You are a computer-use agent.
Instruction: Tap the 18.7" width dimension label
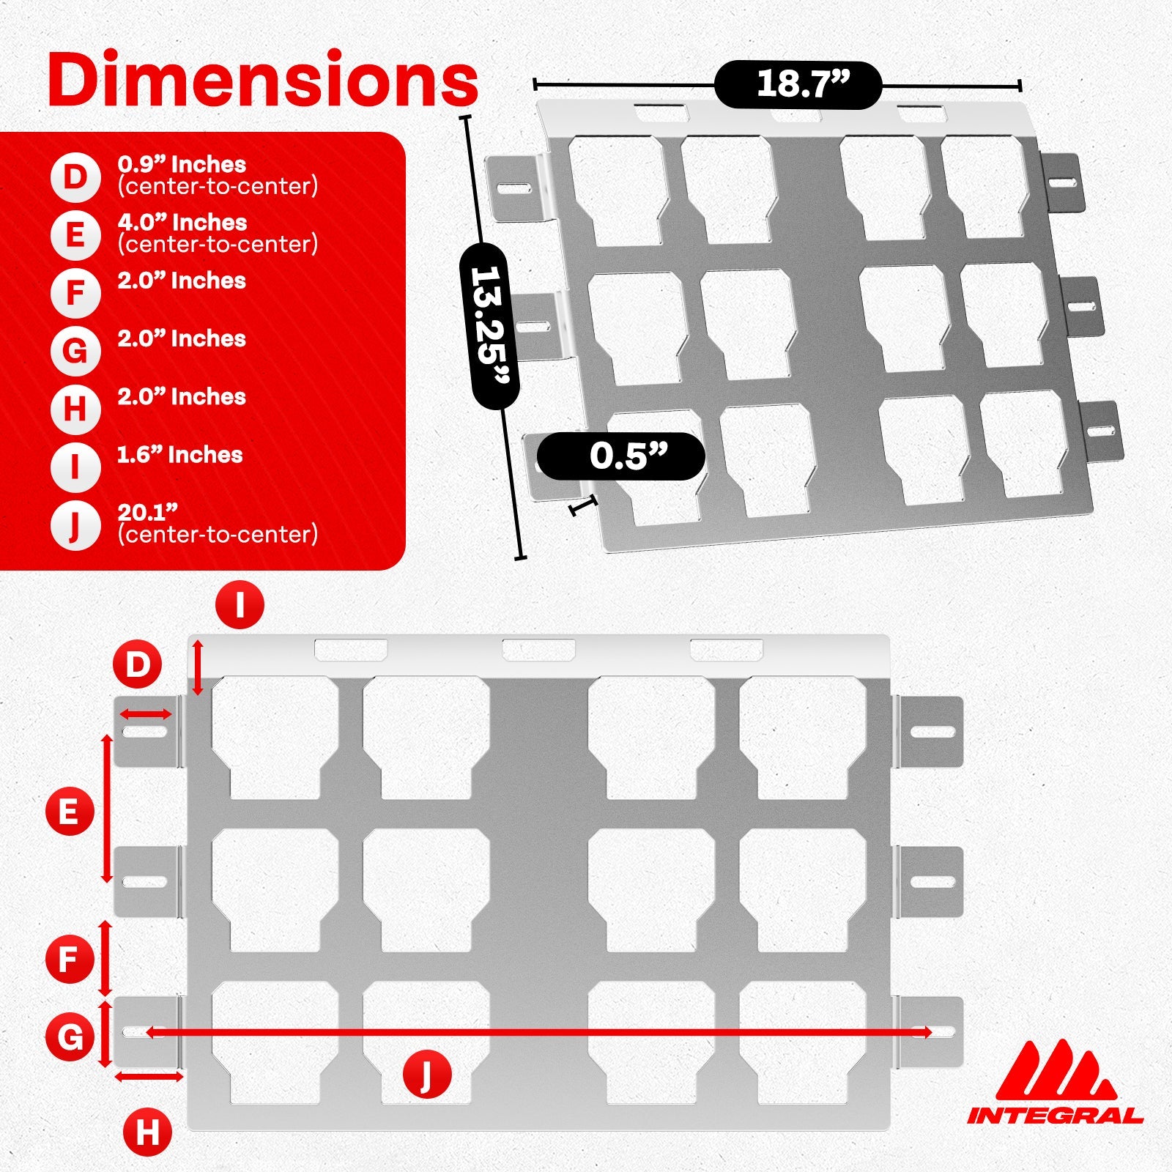click(x=798, y=84)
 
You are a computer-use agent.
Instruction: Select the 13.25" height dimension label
click(x=489, y=325)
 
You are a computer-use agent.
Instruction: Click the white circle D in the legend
click(x=75, y=177)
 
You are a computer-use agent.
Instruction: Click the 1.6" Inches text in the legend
click(x=179, y=455)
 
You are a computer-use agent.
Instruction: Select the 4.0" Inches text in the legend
click(x=182, y=223)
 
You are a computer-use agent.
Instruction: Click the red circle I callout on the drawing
click(x=240, y=604)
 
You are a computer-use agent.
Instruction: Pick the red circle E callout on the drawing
click(x=69, y=812)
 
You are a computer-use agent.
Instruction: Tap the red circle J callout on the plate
click(x=426, y=1074)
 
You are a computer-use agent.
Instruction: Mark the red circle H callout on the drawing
click(x=147, y=1132)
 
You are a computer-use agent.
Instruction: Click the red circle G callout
click(x=70, y=1036)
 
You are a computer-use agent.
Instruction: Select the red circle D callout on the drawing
click(x=137, y=665)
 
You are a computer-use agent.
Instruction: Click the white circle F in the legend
click(x=75, y=293)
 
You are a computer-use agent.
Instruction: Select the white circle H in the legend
click(x=75, y=409)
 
